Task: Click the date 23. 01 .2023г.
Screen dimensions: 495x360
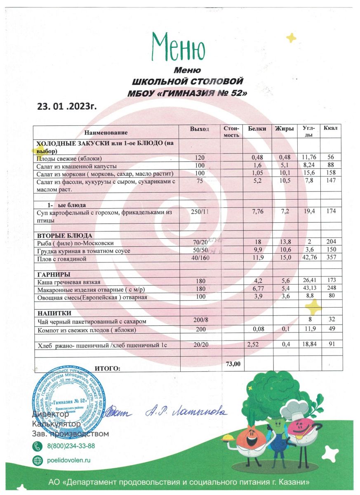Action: point(67,106)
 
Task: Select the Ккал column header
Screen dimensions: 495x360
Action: point(331,129)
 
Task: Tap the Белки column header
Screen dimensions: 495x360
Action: point(257,129)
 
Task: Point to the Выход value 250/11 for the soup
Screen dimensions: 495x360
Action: point(200,212)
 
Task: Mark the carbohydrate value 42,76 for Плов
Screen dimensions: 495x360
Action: point(309,258)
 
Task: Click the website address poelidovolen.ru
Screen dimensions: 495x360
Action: point(69,460)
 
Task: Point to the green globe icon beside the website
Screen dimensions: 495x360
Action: point(37,460)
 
